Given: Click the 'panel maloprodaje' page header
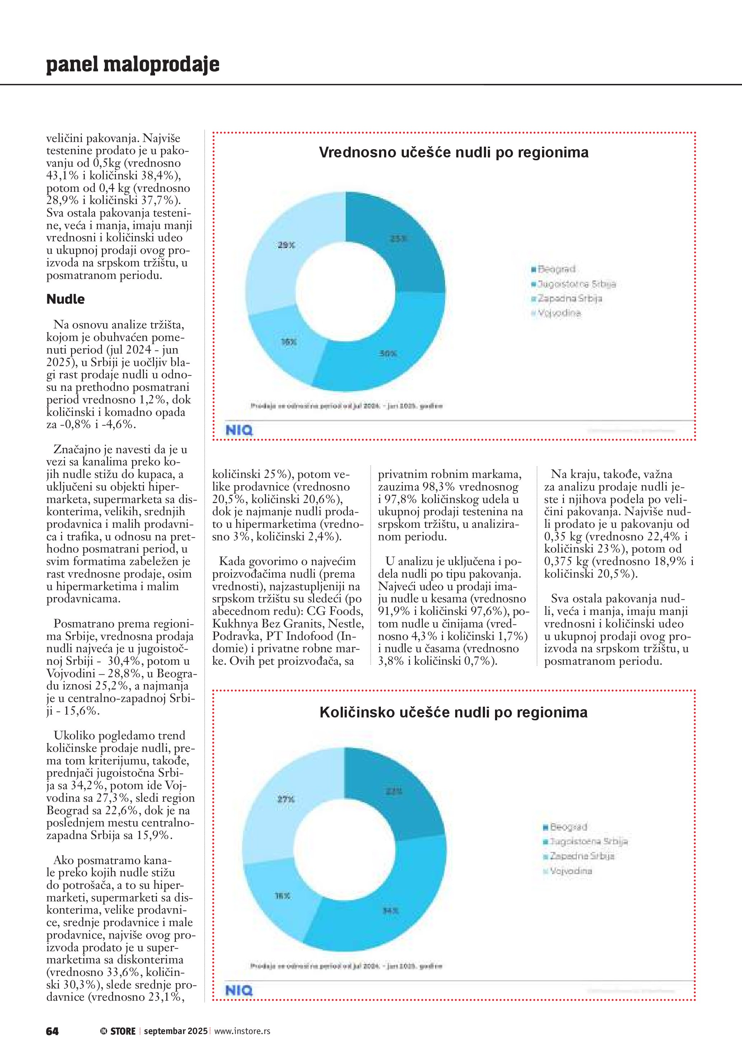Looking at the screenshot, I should pos(132,65).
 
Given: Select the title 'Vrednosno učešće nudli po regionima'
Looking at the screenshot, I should pos(453,152).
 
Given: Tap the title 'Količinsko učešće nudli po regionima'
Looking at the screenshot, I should pos(453,712).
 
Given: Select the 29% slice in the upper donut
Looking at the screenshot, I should pos(283,246).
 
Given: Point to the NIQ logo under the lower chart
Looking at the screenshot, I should pos(239,991).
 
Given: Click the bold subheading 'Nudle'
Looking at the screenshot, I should pos(65,299).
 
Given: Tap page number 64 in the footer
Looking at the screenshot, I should pos(52,1031).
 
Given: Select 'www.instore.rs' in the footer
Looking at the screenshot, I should pos(242,1031).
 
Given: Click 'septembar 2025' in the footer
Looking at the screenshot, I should pos(176,1031).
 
